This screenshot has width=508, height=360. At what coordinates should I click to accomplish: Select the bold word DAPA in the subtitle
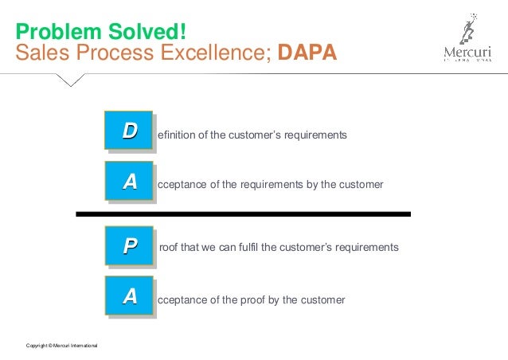point(307,53)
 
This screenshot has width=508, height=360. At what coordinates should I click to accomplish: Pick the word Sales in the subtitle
point(41,53)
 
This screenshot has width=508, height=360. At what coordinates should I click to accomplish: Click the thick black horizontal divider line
point(243,214)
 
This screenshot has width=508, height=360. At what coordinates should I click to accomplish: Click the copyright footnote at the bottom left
point(62,344)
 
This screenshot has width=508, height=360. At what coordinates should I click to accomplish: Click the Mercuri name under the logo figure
point(469,53)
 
